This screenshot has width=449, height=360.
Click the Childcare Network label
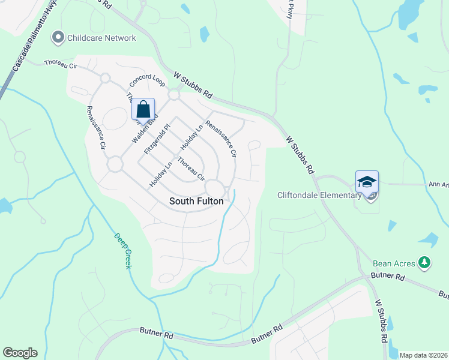[x=101, y=38]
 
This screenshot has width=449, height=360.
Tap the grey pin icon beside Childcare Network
[x=58, y=38]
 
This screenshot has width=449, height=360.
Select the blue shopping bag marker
[x=143, y=110]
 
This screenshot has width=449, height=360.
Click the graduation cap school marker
[x=367, y=182]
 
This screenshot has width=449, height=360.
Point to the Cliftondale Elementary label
[x=319, y=195]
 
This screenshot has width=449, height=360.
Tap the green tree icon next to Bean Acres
[x=424, y=263]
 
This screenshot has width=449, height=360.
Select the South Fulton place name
[x=196, y=201]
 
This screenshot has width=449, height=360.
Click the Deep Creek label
[x=122, y=250]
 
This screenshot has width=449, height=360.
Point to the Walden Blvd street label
[x=143, y=128]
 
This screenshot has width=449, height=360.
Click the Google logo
[x=20, y=353]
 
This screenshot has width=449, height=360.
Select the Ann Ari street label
[x=438, y=185]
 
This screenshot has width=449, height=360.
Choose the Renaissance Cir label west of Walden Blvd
[x=96, y=127]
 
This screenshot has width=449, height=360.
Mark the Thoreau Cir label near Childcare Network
[x=62, y=62]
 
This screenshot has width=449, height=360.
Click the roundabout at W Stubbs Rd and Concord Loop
[x=174, y=95]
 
